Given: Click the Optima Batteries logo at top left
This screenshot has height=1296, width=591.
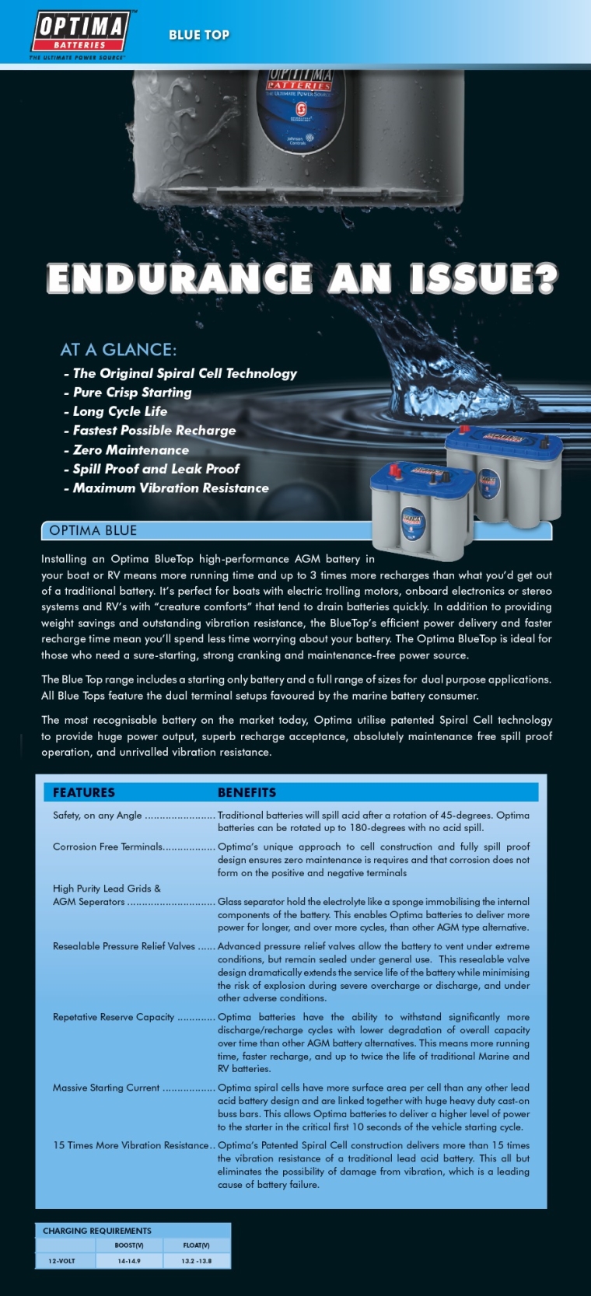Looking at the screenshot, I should click(x=79, y=33).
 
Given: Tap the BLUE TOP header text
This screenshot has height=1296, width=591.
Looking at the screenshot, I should click(x=199, y=35).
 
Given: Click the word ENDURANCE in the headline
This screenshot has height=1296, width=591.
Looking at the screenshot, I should click(x=180, y=278).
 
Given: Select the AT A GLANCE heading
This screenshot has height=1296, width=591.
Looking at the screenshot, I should click(x=118, y=350).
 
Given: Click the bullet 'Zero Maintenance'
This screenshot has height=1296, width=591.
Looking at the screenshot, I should click(x=131, y=450).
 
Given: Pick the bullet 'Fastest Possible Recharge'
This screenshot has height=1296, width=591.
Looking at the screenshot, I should click(x=154, y=431).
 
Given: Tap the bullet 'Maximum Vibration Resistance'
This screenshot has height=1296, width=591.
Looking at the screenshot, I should click(x=170, y=488).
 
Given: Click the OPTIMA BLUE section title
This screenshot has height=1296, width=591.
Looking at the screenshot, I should click(x=93, y=531).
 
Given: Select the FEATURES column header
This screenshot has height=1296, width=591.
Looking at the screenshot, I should click(x=83, y=792).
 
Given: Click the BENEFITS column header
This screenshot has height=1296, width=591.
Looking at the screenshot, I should click(x=247, y=792).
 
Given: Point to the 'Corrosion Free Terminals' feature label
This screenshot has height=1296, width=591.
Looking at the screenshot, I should click(x=107, y=847).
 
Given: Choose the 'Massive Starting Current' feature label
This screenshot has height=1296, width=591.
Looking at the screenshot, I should click(x=106, y=1088).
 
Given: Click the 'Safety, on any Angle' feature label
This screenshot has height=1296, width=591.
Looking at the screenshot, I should click(x=97, y=816).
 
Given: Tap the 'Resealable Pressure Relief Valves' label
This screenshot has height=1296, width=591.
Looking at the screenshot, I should click(x=124, y=946).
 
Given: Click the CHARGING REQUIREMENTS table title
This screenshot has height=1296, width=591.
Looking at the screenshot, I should click(x=97, y=1231).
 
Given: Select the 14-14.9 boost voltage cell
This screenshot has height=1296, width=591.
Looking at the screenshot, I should click(x=129, y=1261).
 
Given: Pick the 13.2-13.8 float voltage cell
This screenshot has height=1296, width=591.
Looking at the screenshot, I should click(x=196, y=1261).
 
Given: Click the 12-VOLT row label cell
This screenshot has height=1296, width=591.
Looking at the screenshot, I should click(x=62, y=1261).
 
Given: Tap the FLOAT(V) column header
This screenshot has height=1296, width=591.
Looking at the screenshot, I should click(x=196, y=1245).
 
